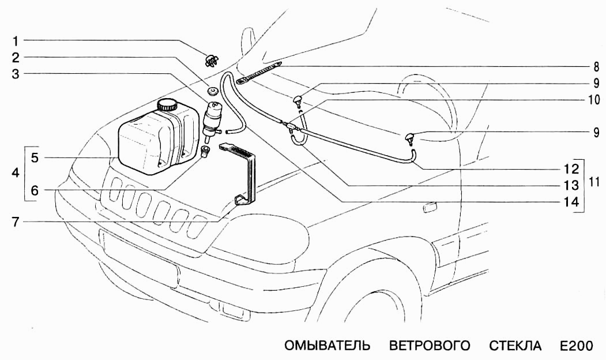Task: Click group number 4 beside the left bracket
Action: pyautogui.click(x=16, y=173)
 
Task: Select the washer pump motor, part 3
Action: pyautogui.click(x=214, y=118)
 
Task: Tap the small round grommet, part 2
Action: pyautogui.click(x=213, y=91)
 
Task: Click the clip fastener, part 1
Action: pyautogui.click(x=211, y=59)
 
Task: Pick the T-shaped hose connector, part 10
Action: pyautogui.click(x=289, y=125)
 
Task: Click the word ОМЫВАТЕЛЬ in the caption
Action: pyautogui.click(x=326, y=346)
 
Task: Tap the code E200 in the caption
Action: pyautogui.click(x=575, y=346)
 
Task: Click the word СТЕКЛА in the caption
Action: pyautogui.click(x=515, y=346)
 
